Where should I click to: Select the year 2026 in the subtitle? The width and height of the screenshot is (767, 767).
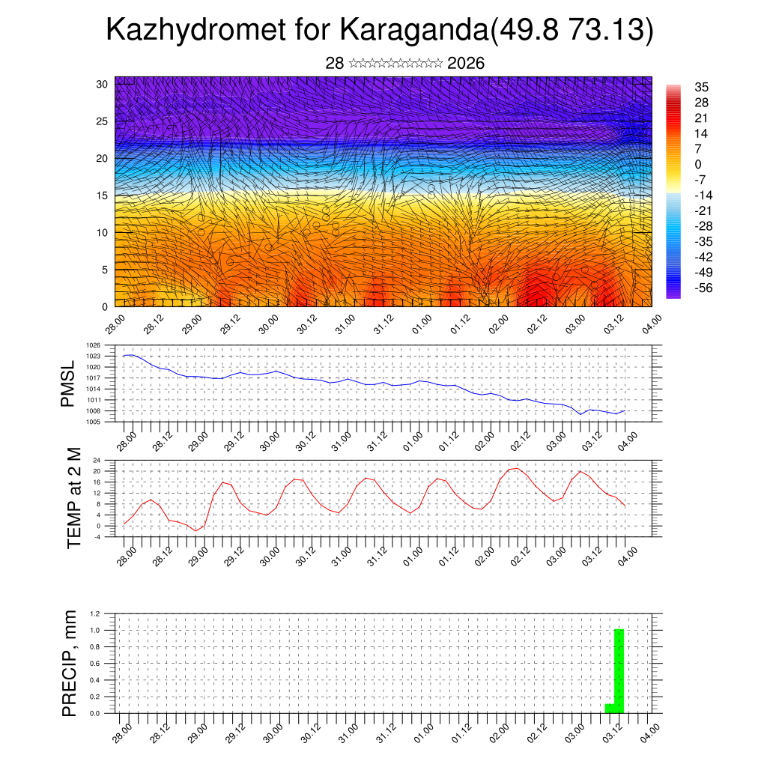click(x=466, y=64)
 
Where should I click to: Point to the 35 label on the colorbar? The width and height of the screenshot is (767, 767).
click(x=702, y=87)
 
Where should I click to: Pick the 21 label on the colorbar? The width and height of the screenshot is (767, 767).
click(x=702, y=118)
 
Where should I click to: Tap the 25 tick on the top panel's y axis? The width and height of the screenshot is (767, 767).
click(x=102, y=121)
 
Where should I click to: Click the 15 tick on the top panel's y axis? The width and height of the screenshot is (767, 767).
click(x=102, y=195)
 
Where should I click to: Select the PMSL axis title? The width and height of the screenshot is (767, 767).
click(x=68, y=383)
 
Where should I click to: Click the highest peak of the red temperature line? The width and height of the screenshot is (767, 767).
click(x=515, y=468)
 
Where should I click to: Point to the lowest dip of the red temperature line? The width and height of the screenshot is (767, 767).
click(x=195, y=531)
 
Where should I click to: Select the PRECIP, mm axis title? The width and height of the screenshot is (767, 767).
click(x=70, y=663)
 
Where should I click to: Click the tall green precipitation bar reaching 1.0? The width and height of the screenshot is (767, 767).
click(x=619, y=671)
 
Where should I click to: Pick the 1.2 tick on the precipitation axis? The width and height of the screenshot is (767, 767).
click(x=96, y=613)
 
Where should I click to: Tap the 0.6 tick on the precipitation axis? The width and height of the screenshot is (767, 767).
click(x=96, y=664)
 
